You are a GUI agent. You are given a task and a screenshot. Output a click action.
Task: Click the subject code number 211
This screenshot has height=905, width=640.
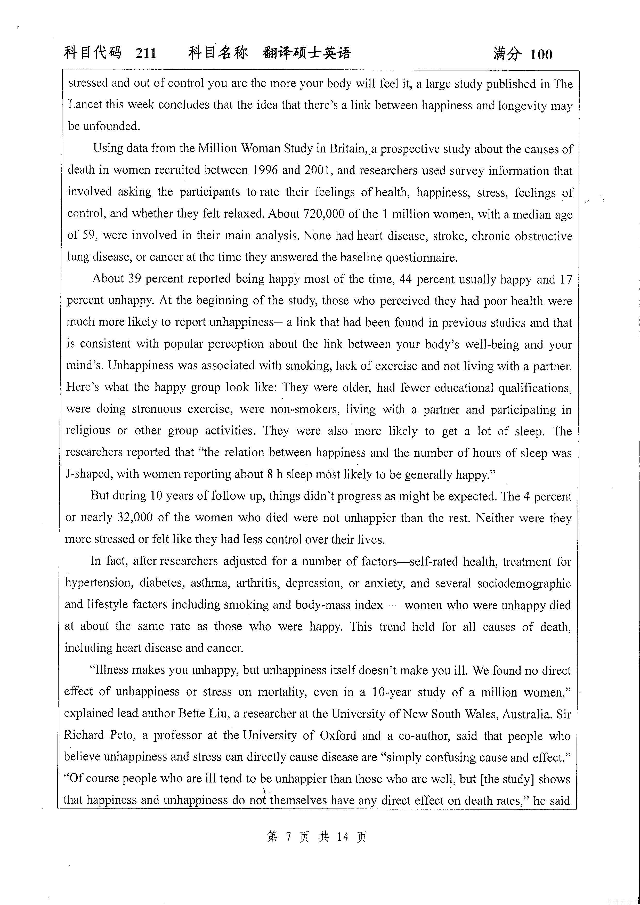point(146,53)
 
